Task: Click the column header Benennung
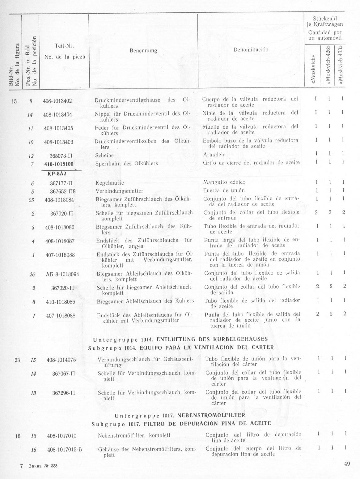click(143, 51)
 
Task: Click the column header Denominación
click(251, 49)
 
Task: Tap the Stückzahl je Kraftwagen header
click(324, 21)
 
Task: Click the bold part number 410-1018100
click(59, 164)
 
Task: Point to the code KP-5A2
click(59, 173)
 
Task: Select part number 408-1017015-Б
click(64, 450)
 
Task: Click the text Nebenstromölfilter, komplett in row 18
click(134, 435)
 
